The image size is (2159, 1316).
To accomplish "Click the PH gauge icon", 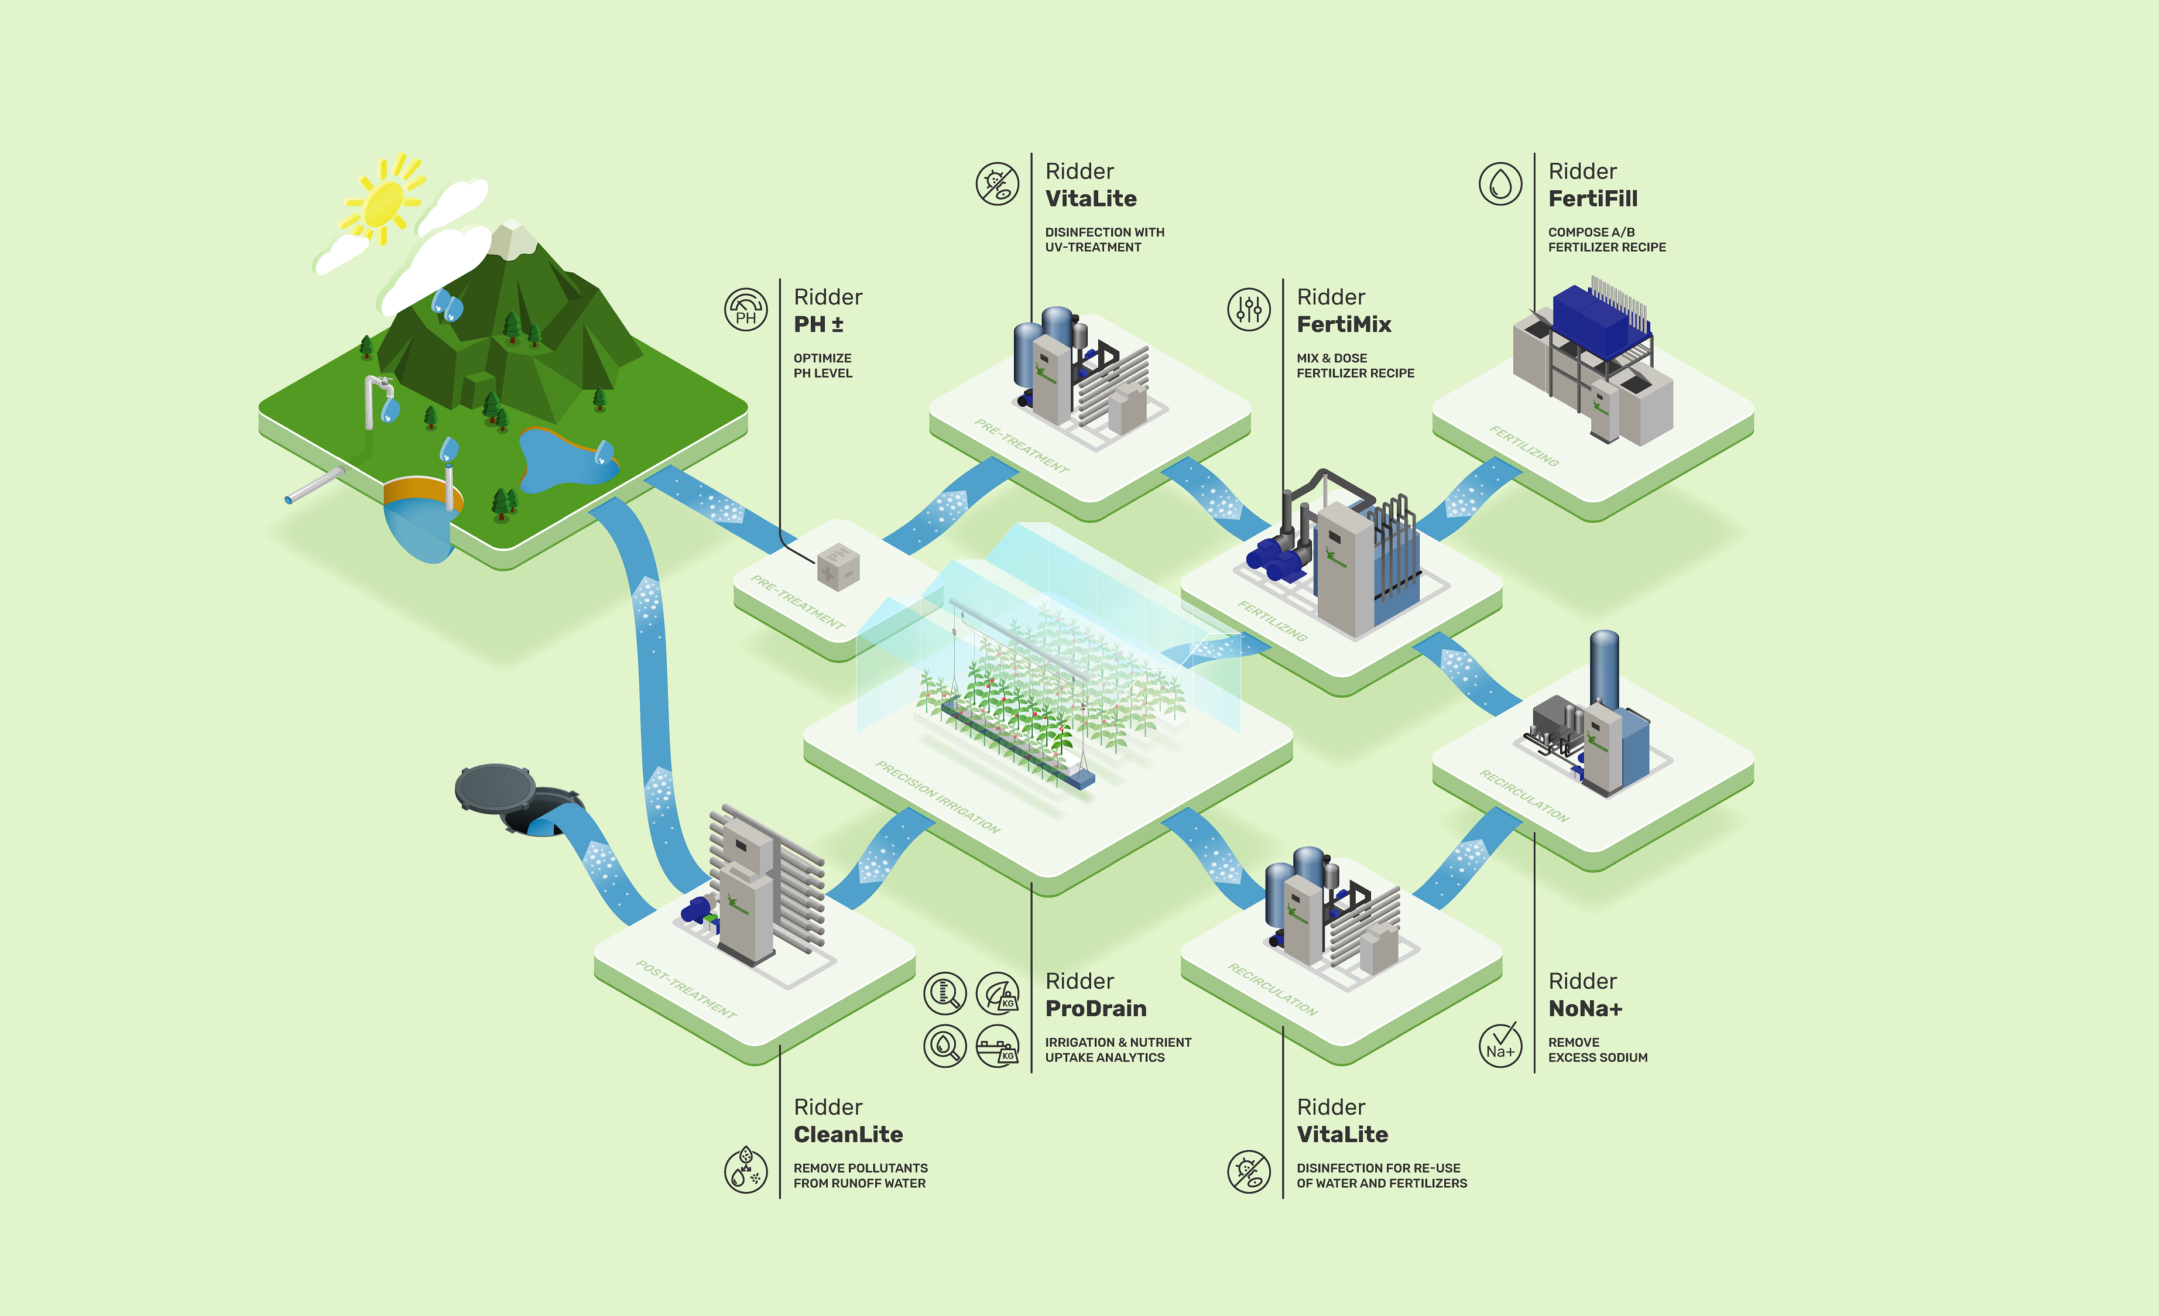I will pos(746,309).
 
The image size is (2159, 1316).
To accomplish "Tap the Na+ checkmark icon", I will pos(1500,1044).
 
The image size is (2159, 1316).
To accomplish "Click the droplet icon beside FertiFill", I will pos(1500,184).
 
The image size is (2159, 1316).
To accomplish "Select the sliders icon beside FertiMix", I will pos(1249,309).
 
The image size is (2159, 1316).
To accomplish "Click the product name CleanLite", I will pos(847,1135).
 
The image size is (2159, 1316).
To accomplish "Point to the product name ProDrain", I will pos(1095,1009).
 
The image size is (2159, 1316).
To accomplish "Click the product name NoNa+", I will pos(1585,1009).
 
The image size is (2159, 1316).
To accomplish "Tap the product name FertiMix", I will pos(1344,324).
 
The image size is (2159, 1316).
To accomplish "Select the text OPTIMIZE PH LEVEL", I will pos(823,365).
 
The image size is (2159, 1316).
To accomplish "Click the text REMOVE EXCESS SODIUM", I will pos(1598,1050).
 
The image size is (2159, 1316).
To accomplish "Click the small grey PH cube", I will pos(838,567).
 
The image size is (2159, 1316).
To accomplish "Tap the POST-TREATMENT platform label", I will pos(686,988).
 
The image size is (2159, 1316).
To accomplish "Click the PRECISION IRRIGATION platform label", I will pos(937,796).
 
